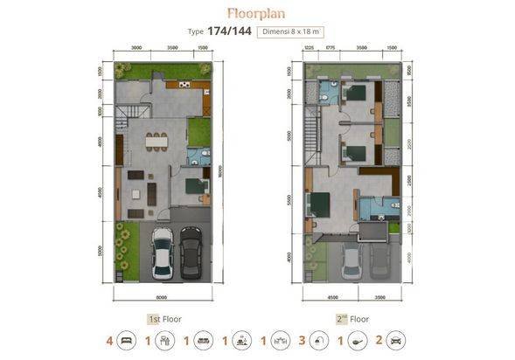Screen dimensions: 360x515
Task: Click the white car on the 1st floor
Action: coord(163,253)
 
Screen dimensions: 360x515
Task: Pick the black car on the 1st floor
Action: coord(191,253)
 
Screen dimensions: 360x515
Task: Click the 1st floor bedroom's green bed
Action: coord(196,187)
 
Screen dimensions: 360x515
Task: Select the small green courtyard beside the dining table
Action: coord(199,131)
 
